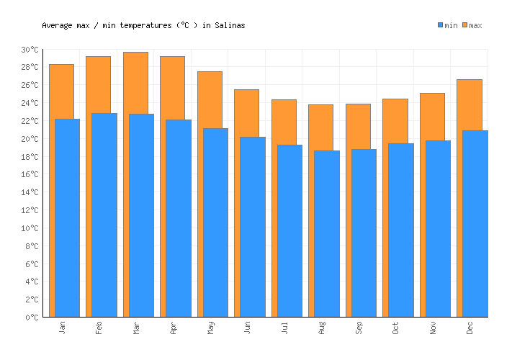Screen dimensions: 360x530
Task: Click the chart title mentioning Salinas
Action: click(143, 25)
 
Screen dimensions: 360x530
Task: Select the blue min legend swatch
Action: click(441, 25)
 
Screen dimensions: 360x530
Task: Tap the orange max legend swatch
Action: click(465, 25)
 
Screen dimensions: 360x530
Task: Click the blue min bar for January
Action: click(67, 216)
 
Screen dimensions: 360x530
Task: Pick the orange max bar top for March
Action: click(135, 58)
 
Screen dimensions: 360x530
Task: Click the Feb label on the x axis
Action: click(99, 328)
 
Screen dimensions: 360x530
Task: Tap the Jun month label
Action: click(248, 328)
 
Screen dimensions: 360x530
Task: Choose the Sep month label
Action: click(359, 328)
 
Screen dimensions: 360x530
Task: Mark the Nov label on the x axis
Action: click(434, 328)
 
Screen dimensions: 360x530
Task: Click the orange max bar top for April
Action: click(172, 62)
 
